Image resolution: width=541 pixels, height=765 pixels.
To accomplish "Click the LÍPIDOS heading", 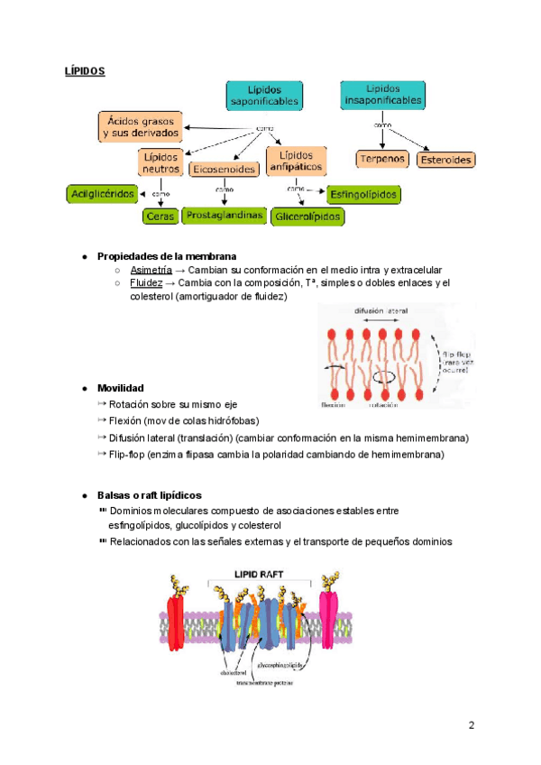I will [x=85, y=69].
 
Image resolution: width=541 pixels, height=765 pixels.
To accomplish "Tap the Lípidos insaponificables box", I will [x=382, y=96].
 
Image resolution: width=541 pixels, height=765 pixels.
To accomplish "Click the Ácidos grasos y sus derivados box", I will [x=140, y=125].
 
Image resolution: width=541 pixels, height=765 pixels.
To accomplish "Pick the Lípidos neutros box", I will [x=160, y=162].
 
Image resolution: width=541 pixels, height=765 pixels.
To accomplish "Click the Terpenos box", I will [x=382, y=160].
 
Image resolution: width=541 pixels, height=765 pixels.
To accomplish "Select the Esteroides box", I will [x=446, y=160].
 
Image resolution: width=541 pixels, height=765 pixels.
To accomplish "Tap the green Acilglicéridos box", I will [x=102, y=194].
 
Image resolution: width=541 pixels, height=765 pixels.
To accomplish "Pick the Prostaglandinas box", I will [x=225, y=215].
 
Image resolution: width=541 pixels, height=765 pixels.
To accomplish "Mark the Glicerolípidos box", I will [x=307, y=217].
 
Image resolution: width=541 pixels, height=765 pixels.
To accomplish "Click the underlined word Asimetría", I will [x=151, y=270].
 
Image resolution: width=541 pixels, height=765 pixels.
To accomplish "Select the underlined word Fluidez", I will [x=146, y=282].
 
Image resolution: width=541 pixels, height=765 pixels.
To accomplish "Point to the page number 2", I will [x=472, y=725].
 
